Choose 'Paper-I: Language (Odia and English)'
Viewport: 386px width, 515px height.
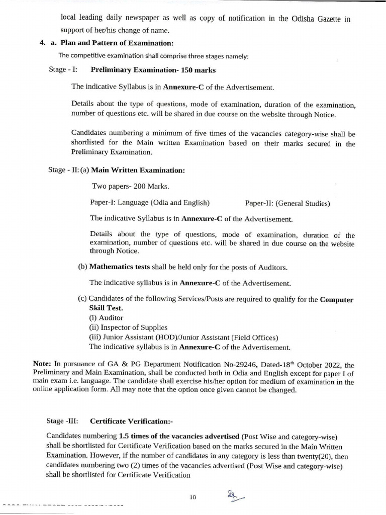pos(150,203)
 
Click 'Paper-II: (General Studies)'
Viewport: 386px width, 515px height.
pos(287,203)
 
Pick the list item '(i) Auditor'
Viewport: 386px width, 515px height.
pos(106,318)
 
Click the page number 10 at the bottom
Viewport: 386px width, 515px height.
pos(192,497)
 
